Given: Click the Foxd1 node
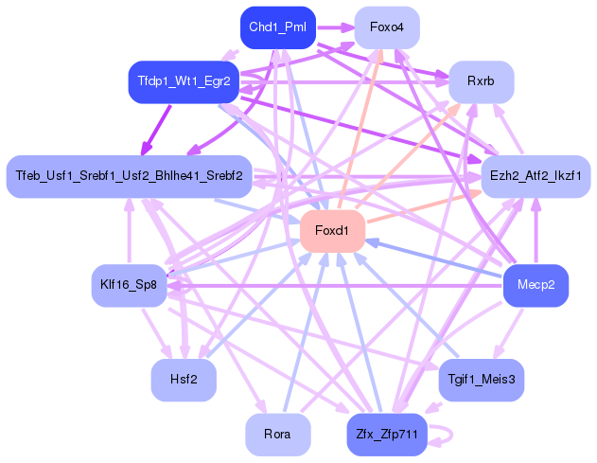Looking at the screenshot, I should click(332, 231).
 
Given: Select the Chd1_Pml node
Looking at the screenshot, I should click(276, 27).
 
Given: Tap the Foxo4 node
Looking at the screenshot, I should click(387, 27).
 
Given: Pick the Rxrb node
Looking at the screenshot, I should click(481, 82).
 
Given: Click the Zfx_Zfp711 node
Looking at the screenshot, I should click(386, 435).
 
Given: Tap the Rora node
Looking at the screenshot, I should click(277, 435).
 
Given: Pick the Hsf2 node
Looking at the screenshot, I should click(184, 380).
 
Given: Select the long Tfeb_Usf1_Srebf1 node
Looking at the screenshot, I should click(129, 176).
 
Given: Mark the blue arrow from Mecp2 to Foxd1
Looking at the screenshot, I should click(435, 258).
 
